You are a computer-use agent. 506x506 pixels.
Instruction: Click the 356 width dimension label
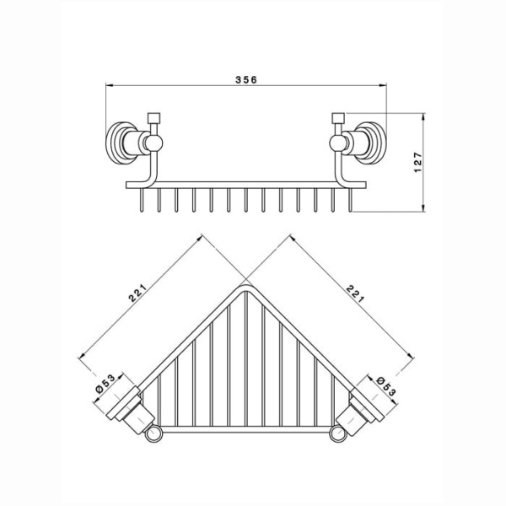(246, 79)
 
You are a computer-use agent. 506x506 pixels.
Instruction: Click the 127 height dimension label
(417, 162)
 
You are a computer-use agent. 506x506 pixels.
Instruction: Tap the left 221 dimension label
(137, 293)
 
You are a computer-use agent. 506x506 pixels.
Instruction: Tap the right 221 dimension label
(355, 293)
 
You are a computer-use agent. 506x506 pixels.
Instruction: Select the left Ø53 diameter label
(105, 383)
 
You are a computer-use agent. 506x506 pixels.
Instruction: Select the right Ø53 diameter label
(386, 386)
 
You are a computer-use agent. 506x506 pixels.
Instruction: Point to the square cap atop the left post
(153, 118)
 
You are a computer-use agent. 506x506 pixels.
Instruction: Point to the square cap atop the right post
(338, 118)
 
